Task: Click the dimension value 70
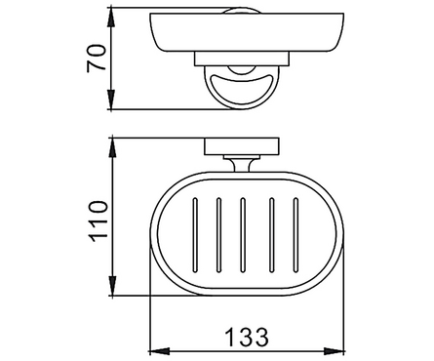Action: [97, 58]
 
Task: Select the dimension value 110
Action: [98, 221]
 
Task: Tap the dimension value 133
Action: [247, 338]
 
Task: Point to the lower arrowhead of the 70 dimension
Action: [111, 99]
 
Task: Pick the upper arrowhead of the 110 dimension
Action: [112, 149]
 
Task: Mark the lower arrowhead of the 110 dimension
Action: [112, 285]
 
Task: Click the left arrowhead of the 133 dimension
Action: [159, 351]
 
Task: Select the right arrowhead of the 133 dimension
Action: [334, 351]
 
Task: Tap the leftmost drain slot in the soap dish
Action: [195, 234]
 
